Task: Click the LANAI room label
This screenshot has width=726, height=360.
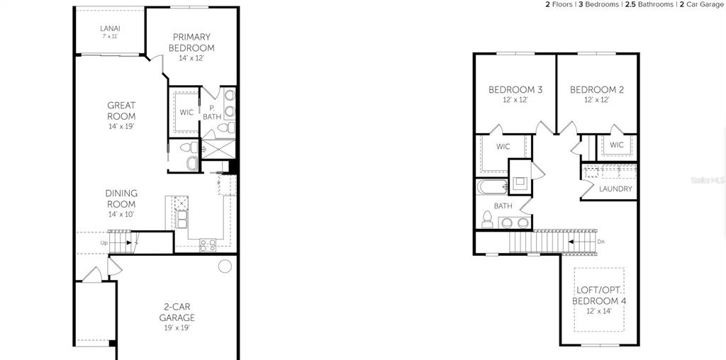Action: coord(110,28)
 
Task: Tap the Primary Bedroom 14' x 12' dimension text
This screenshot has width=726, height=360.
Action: coord(191,58)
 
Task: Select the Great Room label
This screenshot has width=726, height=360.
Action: coord(121,111)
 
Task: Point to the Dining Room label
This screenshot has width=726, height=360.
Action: coord(121,198)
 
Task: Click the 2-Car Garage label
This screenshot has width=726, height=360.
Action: coord(177,312)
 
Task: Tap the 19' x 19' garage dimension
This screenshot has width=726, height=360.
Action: coord(177,327)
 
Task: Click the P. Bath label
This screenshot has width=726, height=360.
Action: coord(212,113)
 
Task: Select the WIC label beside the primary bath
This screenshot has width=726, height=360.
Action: coord(186,112)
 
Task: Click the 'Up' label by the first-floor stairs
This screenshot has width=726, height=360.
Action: coord(104,242)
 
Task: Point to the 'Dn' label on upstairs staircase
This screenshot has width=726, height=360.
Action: coord(601,242)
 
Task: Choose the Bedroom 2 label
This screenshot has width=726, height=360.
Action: coord(597,90)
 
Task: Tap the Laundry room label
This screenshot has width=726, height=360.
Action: coord(615,189)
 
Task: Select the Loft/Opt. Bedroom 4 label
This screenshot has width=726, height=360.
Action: coord(600,296)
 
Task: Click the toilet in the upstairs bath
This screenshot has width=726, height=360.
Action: coord(487,220)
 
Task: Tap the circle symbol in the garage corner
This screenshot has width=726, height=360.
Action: coord(225,266)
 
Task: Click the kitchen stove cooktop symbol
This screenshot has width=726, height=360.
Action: coord(208,244)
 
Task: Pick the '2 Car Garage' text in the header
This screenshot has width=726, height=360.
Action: coord(701,5)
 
